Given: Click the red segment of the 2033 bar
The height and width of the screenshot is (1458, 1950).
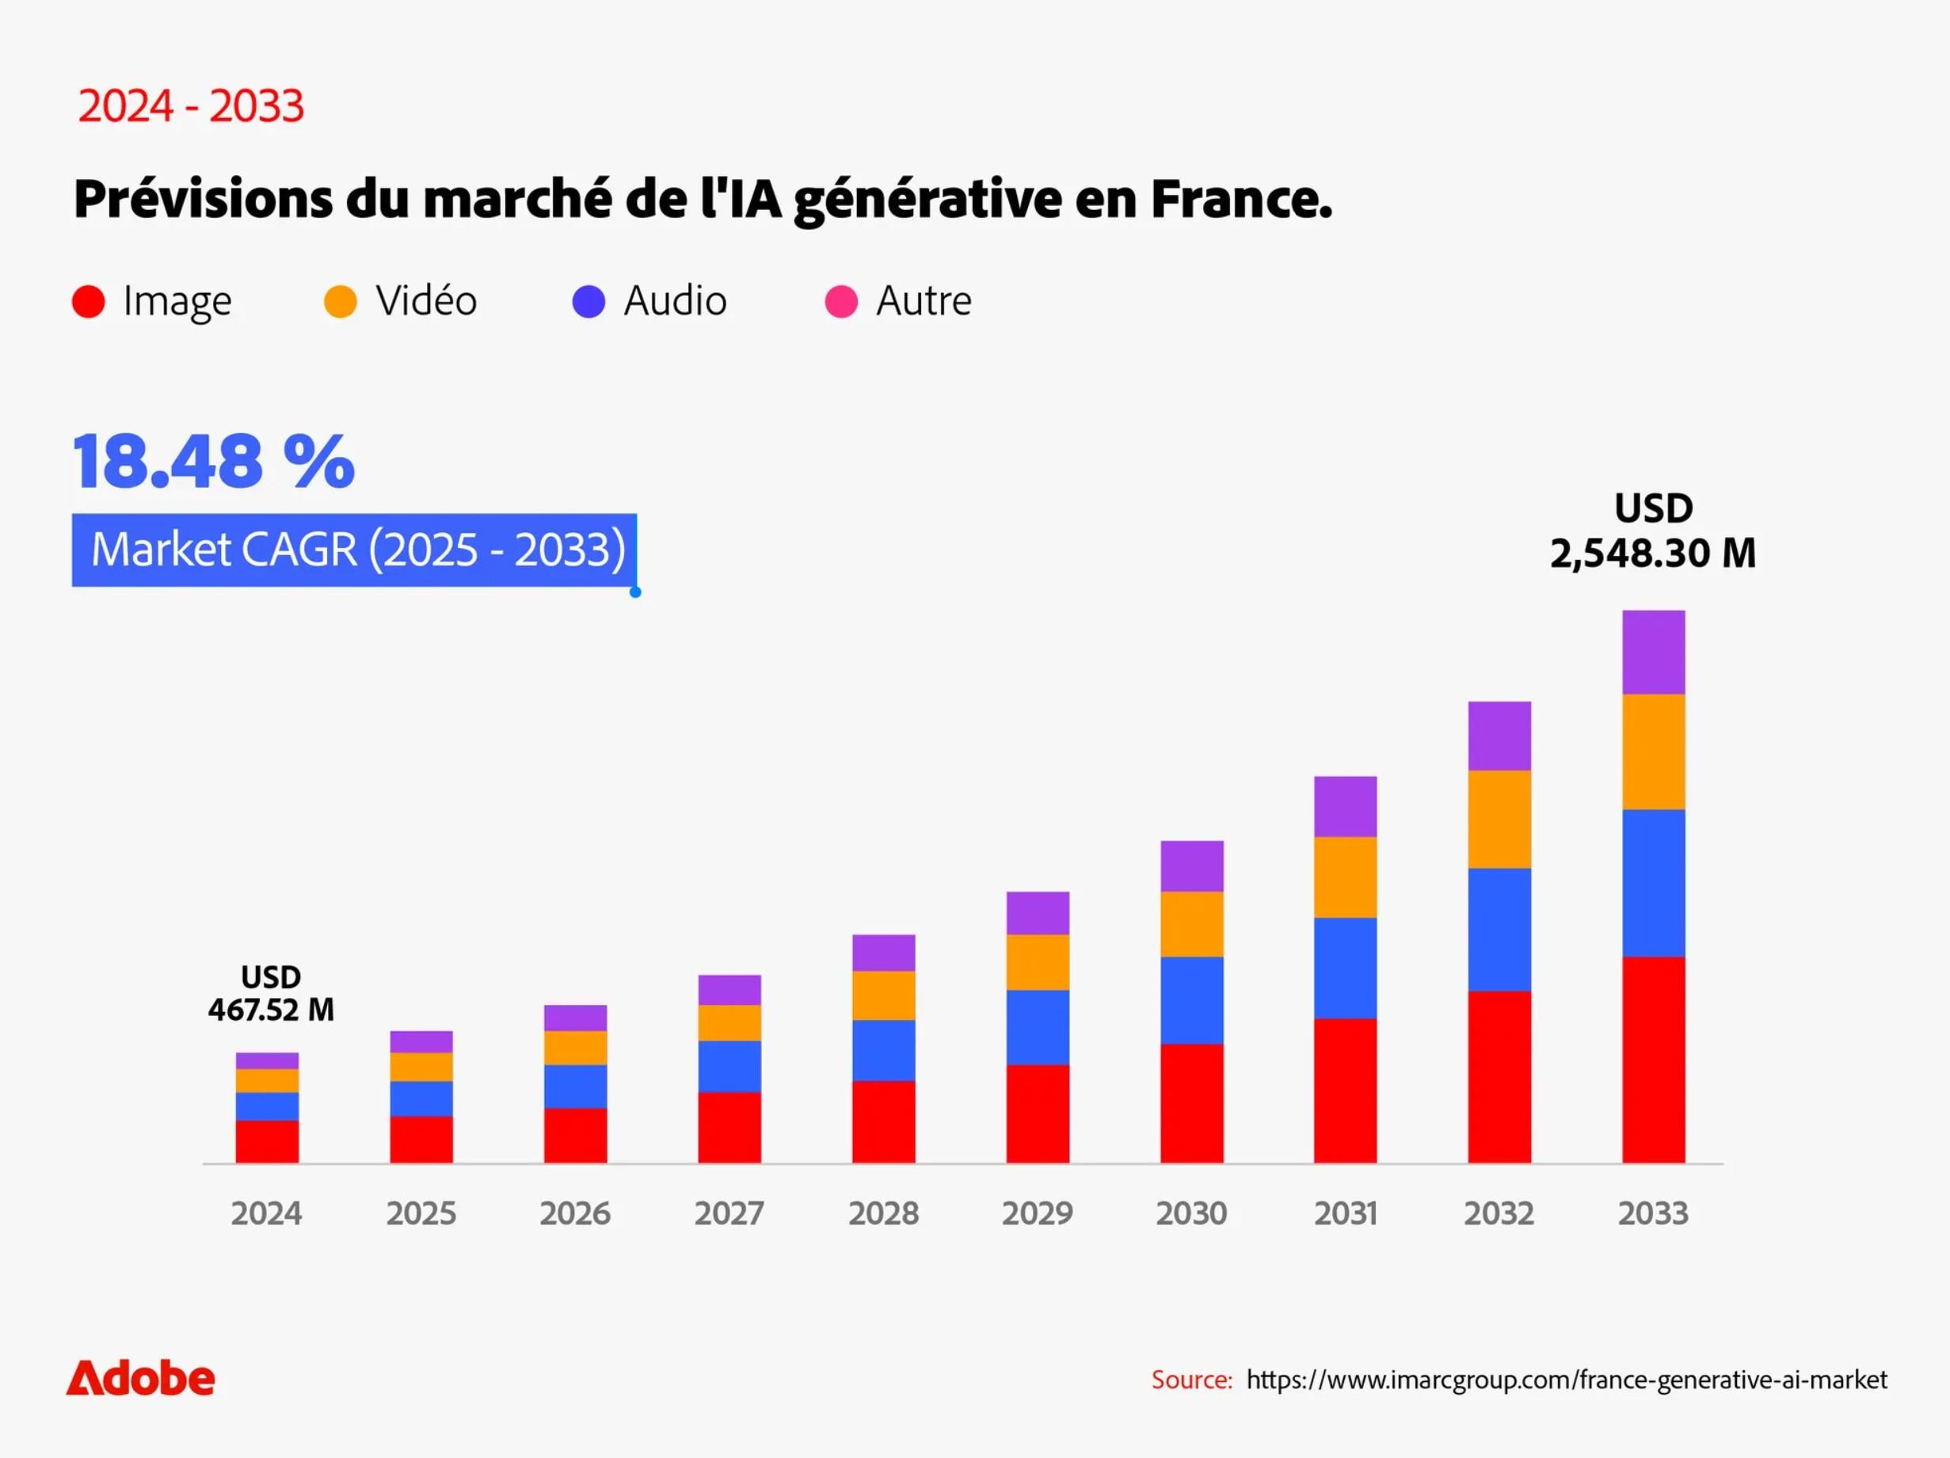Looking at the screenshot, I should [x=1653, y=1060].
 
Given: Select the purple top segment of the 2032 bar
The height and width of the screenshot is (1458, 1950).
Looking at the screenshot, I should [x=1499, y=736].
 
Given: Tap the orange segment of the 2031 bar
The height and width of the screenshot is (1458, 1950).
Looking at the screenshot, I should [x=1344, y=877].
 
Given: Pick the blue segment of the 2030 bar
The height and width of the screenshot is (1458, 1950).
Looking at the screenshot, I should [x=1191, y=999].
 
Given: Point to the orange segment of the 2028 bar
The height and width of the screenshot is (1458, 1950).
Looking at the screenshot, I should [x=883, y=995].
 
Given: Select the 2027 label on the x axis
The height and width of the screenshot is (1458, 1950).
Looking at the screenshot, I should [x=729, y=1214].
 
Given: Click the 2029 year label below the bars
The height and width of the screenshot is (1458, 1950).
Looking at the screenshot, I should [x=1037, y=1214].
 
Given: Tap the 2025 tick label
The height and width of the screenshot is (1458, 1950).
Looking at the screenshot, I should [x=421, y=1214].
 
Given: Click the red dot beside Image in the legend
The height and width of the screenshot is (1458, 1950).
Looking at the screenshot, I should [x=88, y=302].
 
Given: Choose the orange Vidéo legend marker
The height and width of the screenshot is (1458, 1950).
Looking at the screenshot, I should [x=341, y=302].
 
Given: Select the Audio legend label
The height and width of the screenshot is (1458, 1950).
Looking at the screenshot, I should [x=676, y=302].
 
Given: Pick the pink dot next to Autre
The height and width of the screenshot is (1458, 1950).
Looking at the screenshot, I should [x=841, y=302].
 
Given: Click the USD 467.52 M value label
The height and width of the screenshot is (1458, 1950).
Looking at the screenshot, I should [x=271, y=993].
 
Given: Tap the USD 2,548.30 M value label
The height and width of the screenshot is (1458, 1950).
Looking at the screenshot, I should [x=1653, y=531].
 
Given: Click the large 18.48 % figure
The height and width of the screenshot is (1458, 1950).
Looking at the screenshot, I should [x=213, y=461].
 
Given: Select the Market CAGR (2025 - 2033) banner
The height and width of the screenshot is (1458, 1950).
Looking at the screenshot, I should [x=354, y=550].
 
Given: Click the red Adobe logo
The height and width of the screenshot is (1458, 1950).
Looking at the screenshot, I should [x=140, y=1379].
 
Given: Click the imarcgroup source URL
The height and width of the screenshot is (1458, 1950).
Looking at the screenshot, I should [x=1567, y=1380].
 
